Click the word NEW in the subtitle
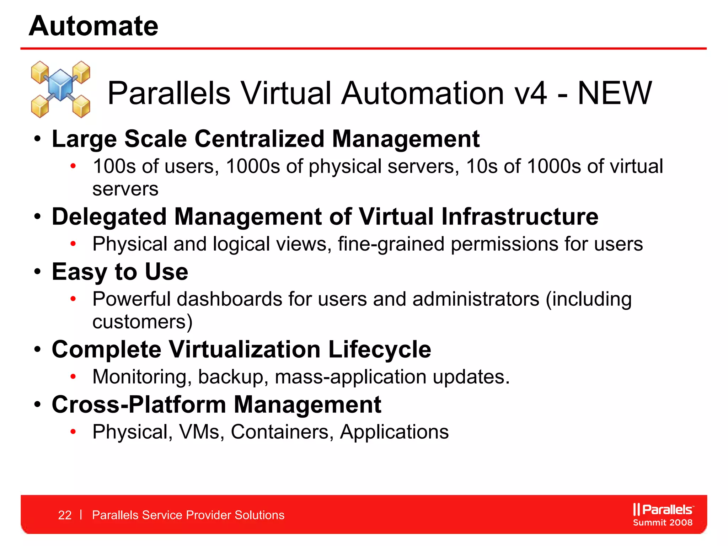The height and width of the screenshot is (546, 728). (x=615, y=93)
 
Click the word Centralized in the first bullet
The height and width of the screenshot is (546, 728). (x=259, y=139)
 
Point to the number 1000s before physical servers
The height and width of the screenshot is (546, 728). (x=253, y=166)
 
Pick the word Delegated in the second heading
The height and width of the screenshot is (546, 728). (x=109, y=216)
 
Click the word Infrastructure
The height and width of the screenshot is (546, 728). (x=520, y=216)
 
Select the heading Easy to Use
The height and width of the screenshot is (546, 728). (x=120, y=272)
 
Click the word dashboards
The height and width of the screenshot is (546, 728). (x=230, y=299)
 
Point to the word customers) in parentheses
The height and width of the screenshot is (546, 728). (x=142, y=322)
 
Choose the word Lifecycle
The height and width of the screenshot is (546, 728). (x=379, y=349)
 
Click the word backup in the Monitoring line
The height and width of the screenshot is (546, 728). (x=230, y=377)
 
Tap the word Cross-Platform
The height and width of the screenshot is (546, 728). (x=139, y=405)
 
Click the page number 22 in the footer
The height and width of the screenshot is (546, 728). (x=65, y=515)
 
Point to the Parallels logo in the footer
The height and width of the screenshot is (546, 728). (x=663, y=509)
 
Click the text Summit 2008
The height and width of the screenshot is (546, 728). (x=663, y=523)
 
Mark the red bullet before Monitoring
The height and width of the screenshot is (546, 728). (x=73, y=377)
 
